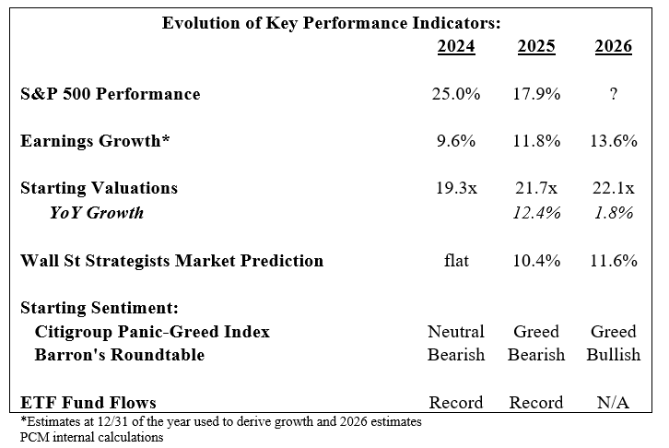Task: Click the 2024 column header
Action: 456,46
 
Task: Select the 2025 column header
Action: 535,46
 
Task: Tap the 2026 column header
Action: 613,46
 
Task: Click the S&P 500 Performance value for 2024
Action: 456,94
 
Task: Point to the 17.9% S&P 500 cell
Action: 535,94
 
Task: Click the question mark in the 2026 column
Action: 613,94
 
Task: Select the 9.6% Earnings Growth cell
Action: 456,141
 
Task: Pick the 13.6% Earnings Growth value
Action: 613,141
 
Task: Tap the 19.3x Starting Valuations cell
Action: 456,189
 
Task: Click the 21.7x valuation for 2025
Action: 535,189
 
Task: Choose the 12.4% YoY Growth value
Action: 535,213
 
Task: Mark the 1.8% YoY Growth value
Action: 613,213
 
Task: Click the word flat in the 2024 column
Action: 456,261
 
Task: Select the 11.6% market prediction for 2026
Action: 613,261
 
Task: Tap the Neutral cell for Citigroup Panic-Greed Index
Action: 456,332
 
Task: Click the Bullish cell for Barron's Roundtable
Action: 613,355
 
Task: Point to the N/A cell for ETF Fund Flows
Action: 613,402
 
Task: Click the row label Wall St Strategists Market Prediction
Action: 172,261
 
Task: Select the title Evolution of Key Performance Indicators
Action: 331,24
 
